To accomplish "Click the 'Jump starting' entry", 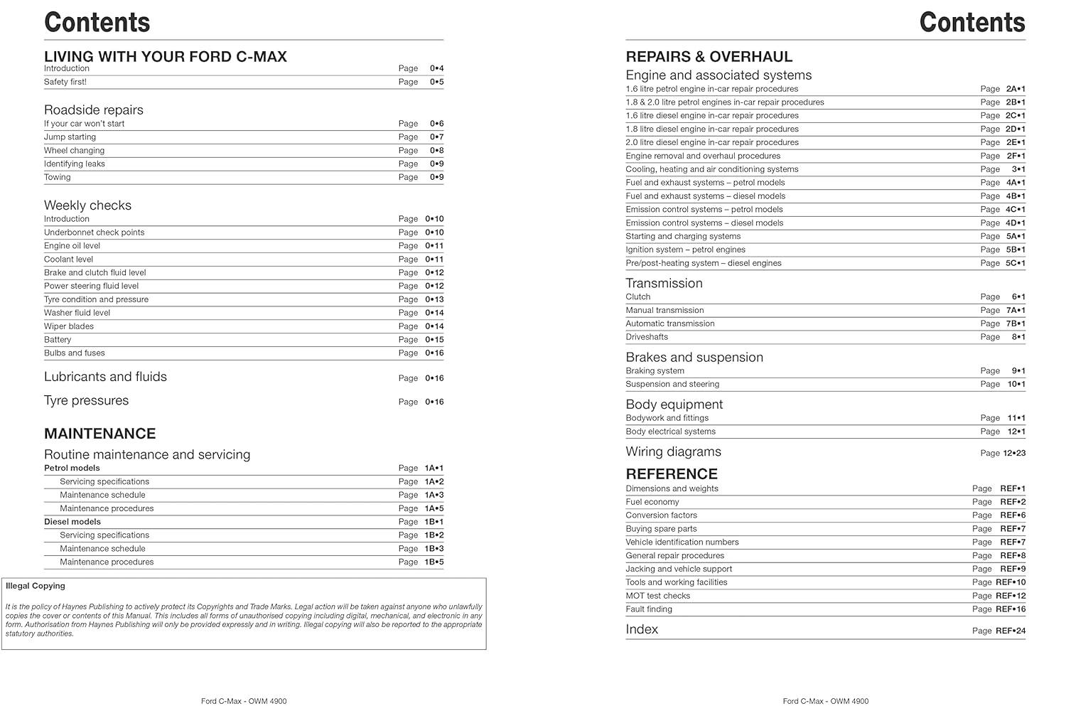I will (x=70, y=137).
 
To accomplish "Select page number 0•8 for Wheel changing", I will (x=436, y=151).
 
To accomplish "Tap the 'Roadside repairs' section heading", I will (x=94, y=110).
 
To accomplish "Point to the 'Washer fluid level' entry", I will (x=77, y=313).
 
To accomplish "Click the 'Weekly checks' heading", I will (x=87, y=205).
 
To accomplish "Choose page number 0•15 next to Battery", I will (x=434, y=340).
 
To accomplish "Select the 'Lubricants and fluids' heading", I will (x=105, y=377).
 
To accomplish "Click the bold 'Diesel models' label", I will (x=72, y=522).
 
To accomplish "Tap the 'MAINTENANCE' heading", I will (x=99, y=434).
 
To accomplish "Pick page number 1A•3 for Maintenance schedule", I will (x=434, y=495).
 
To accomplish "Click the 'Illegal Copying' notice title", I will (x=35, y=586).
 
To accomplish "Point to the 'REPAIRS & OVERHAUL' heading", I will (x=709, y=57).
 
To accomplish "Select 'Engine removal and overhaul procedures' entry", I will (x=703, y=156).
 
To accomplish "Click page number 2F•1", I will (x=1016, y=156).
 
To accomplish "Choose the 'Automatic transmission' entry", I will (x=670, y=323).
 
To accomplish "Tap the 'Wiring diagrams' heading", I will (x=673, y=452).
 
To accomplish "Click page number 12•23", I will (x=1014, y=453).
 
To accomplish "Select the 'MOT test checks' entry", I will (x=657, y=596).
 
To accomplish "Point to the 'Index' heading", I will (x=642, y=629).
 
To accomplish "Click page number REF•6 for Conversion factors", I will (x=1013, y=515).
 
